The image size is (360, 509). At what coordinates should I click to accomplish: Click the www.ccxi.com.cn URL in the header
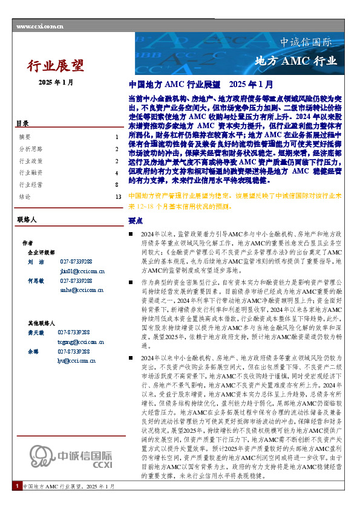(x=40, y=26)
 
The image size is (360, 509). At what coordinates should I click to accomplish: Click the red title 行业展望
(x=56, y=65)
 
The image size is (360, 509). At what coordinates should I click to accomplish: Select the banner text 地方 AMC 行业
(x=296, y=61)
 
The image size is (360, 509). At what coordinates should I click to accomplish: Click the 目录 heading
(x=22, y=123)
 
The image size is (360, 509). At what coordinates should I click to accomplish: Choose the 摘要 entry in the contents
(x=25, y=137)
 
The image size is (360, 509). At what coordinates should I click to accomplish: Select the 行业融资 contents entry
(x=31, y=173)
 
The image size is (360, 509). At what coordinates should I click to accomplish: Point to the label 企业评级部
(x=41, y=253)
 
